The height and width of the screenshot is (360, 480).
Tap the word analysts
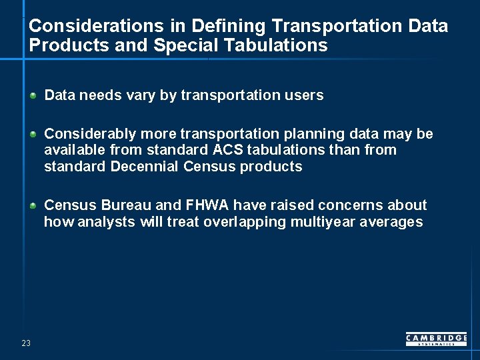click(x=107, y=222)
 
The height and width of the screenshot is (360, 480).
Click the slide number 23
click(x=26, y=343)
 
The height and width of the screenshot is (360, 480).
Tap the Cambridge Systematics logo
click(x=436, y=339)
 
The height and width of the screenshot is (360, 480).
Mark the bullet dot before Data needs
click(x=33, y=95)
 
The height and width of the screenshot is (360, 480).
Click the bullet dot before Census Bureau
click(x=33, y=205)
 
